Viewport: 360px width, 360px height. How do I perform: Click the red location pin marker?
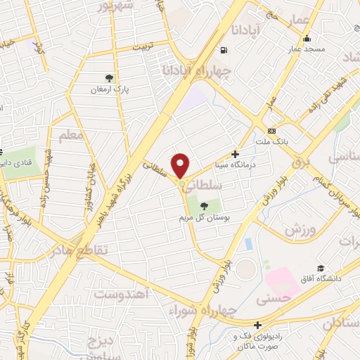(x=181, y=165)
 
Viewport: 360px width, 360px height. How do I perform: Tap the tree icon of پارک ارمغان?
(x=108, y=79)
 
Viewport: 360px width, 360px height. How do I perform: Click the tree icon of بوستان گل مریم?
(x=203, y=206)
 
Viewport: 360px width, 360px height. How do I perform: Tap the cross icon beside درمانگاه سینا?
(x=236, y=153)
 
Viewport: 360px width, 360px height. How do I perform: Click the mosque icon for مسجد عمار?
(x=306, y=39)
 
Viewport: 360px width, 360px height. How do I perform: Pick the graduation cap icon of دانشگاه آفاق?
(x=321, y=269)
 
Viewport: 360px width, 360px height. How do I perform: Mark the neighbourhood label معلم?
(x=71, y=135)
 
